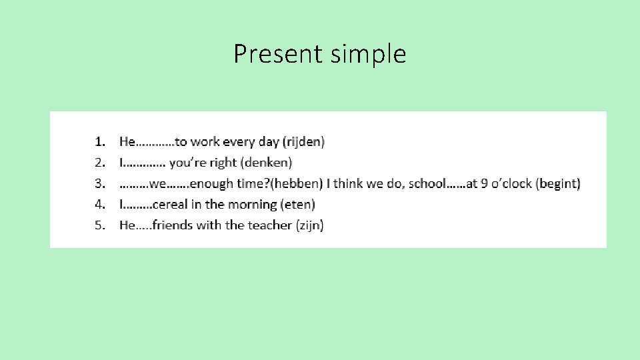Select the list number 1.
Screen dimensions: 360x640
click(99, 141)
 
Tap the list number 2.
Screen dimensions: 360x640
click(99, 162)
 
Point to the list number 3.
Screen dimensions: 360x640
click(99, 183)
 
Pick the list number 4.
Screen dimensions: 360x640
click(99, 204)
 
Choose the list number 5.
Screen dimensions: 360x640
click(99, 225)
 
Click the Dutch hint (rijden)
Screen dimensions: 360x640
click(304, 141)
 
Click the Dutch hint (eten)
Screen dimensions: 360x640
click(298, 204)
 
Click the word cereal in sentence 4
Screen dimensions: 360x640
click(169, 204)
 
